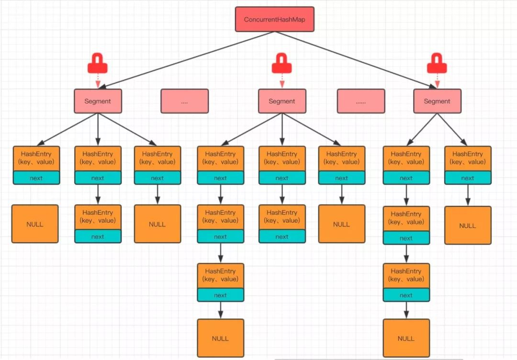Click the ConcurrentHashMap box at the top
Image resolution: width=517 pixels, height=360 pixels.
(274, 19)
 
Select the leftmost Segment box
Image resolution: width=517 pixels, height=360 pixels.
(98, 101)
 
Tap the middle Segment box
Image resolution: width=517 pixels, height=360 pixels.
(281, 101)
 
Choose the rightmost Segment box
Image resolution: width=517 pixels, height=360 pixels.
(437, 101)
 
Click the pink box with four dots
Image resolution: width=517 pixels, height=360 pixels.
(184, 101)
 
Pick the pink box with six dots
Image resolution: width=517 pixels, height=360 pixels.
(360, 101)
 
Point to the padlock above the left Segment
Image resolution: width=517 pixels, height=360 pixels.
(98, 63)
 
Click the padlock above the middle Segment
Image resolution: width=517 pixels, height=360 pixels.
(281, 63)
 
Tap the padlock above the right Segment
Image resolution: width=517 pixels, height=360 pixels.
(437, 63)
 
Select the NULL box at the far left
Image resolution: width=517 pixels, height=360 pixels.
(35, 224)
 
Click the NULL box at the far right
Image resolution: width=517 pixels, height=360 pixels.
(468, 225)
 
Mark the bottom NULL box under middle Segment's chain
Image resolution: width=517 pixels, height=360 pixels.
(220, 338)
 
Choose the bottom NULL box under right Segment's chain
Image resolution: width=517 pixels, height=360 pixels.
(406, 338)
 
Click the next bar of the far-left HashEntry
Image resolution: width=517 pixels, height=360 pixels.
(36, 178)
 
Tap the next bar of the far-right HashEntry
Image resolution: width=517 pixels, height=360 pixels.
(468, 178)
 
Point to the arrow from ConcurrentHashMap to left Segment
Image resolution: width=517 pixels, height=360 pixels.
(187, 60)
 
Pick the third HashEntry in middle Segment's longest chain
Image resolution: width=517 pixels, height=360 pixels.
(220, 276)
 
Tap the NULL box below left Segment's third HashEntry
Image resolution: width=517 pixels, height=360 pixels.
(157, 224)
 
